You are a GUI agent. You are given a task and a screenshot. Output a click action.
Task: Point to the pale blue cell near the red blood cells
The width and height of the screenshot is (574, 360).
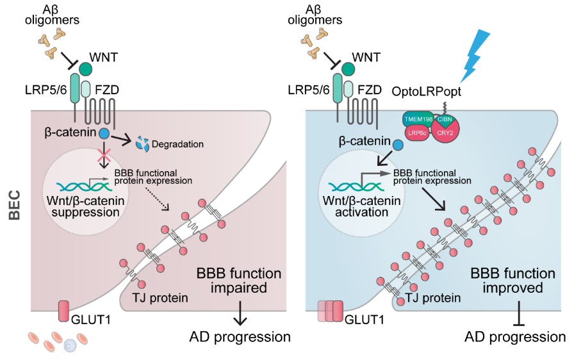pos(70,345)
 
